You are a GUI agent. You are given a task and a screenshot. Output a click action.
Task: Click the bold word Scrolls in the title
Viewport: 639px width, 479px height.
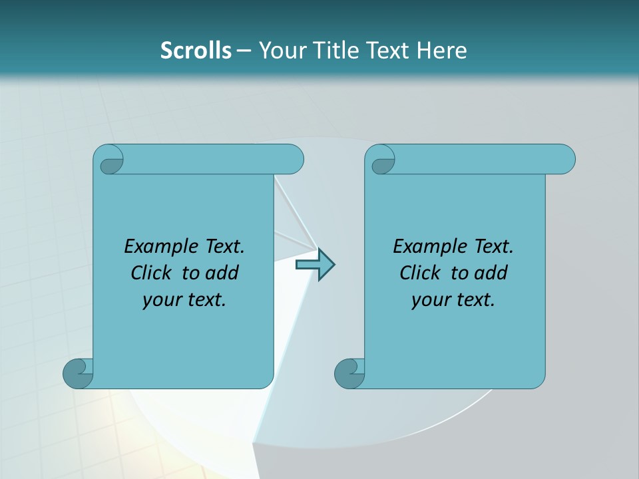coord(196,50)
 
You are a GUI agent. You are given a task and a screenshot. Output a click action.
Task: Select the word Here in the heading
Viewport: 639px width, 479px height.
coord(441,50)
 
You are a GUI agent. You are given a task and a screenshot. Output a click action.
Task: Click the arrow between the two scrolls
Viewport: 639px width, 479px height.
coord(315,264)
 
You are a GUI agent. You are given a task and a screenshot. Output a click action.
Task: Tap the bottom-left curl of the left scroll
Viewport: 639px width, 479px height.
coord(77,373)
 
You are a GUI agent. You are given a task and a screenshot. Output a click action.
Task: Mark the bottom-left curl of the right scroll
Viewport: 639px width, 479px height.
coord(349,373)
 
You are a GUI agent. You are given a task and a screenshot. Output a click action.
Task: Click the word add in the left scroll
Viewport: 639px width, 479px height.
coord(221,273)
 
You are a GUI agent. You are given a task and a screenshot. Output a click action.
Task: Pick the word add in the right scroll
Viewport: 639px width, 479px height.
coord(490,273)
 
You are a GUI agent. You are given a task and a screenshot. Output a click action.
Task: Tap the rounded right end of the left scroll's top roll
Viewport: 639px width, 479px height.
coord(295,160)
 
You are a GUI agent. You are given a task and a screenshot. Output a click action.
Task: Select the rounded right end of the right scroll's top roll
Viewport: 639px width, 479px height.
coord(566,160)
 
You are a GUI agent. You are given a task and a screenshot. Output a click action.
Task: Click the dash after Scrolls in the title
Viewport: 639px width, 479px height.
coord(244,51)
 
